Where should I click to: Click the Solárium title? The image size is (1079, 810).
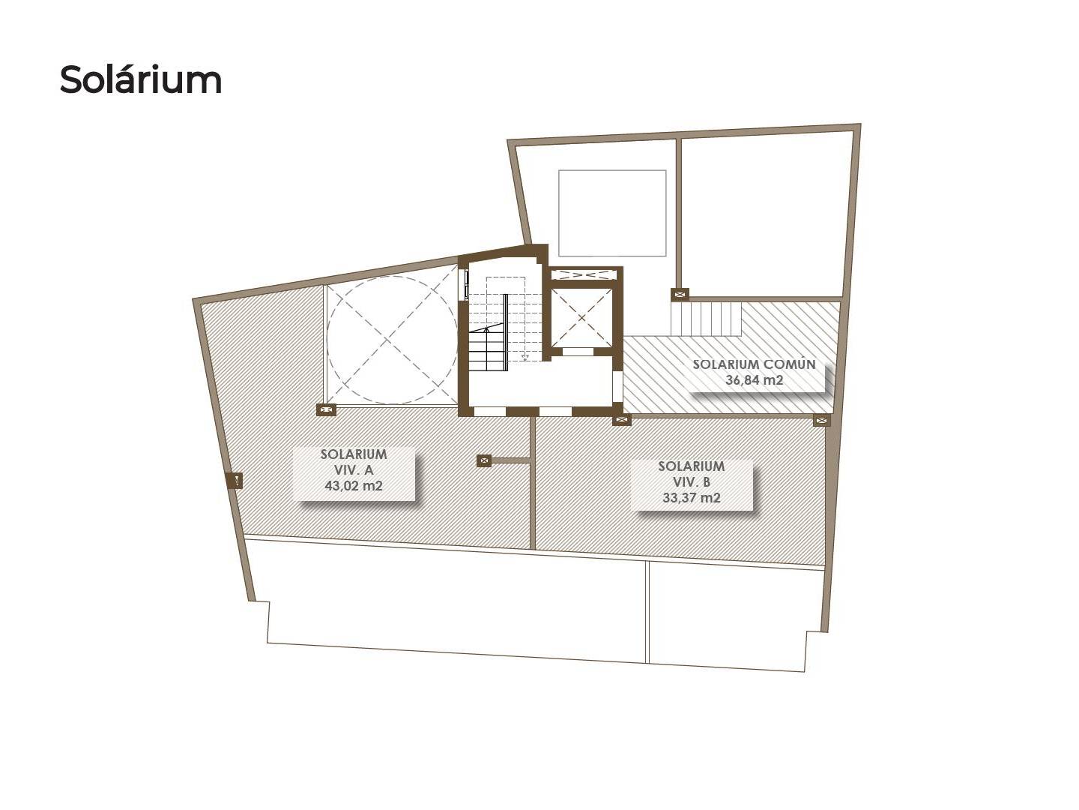(141, 79)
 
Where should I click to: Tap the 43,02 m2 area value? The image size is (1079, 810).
(354, 486)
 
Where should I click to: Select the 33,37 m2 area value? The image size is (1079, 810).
(691, 498)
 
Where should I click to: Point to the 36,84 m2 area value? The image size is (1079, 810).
(754, 379)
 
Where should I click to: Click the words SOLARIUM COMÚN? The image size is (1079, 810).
(754, 364)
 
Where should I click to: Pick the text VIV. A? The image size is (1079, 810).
(354, 470)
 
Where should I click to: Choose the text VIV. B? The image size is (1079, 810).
(691, 482)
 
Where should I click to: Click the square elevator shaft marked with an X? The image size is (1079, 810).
(581, 318)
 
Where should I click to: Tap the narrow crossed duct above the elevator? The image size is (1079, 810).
(584, 275)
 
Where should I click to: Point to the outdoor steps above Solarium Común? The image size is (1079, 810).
(706, 318)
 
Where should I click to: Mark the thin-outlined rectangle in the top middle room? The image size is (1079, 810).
(612, 213)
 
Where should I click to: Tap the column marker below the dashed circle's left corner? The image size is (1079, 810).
(326, 409)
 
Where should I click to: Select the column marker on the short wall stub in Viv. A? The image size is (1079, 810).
(484, 460)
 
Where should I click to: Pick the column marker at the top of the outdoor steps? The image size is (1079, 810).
(680, 294)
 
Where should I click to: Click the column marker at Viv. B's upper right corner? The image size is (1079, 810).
(822, 420)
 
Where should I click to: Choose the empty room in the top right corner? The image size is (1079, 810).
(767, 215)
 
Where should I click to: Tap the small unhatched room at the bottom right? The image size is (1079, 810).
(735, 617)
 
